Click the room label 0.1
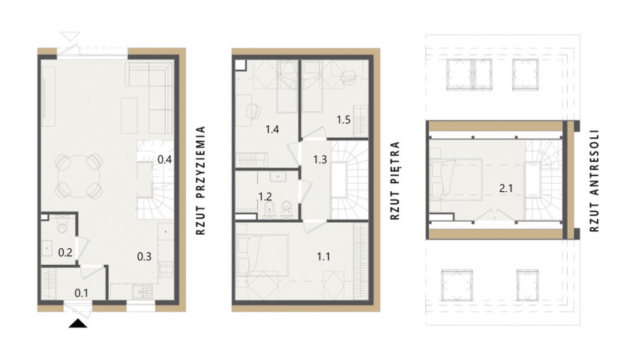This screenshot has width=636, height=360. pos(82,292)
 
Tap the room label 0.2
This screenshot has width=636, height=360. pos(65,253)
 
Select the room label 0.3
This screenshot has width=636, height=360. pos(144,256)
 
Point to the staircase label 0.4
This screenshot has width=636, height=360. pos(164,160)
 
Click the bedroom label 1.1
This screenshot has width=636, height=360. pos(323,256)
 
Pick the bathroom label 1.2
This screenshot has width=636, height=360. pos(265,197)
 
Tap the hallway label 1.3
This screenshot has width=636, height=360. pos(319,159)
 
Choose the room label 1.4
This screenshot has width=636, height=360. pos(271,130)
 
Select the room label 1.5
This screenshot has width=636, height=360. pos(343,119)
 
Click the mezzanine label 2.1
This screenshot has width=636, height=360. pos(505,187)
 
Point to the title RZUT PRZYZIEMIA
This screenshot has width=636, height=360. pos(200,181)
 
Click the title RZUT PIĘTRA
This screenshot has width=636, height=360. pos(395,181)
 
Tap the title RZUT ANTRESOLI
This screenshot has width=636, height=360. pos(594,181)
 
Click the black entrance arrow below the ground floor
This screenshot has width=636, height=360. pos(78,323)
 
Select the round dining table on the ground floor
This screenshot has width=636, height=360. pos(79,176)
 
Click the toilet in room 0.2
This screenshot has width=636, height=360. pos(61,225)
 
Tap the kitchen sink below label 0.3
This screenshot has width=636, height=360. pos(142,291)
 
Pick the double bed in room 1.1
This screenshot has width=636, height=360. pos(262,254)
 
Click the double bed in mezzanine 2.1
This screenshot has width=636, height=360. pos(456,180)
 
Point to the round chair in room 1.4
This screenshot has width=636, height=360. pos(253,111)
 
